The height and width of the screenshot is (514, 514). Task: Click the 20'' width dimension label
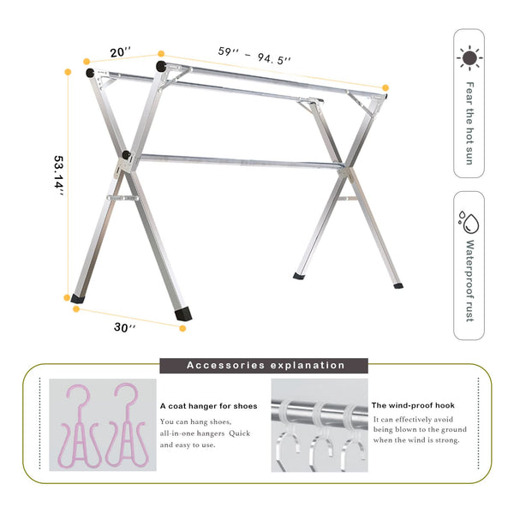pos(121,52)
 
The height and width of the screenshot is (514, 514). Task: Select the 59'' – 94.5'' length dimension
pos(255,57)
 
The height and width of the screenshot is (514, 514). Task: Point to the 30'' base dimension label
pos(125,327)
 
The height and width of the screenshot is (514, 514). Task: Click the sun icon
pos(469,58)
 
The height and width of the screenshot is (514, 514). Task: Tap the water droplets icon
pos(469,224)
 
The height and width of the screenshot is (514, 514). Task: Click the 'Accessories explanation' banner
pos(266,365)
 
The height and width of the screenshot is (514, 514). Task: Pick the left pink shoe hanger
pos(79,426)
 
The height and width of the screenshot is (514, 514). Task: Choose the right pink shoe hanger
pos(124,426)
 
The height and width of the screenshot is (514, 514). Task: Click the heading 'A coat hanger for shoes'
pos(208,406)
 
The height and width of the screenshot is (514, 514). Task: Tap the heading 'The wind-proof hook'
pos(413,405)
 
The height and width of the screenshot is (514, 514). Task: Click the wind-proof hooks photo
pos(317,426)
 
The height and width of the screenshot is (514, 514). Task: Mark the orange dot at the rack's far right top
pos(385,87)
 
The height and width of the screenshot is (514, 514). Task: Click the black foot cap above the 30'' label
pos(183,314)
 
